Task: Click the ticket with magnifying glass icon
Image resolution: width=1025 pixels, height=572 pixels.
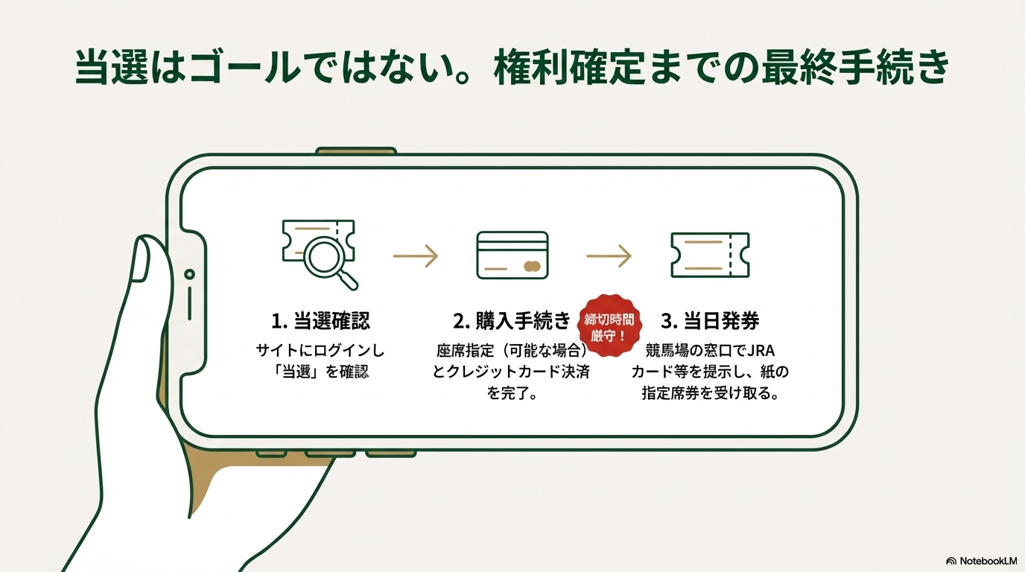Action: pos(319,255)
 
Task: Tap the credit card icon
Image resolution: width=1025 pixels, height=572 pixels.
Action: pos(512,255)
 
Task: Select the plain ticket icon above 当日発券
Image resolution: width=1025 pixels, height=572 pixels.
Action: pos(710,255)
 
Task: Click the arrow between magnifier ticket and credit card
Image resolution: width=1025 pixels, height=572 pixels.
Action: pos(416,255)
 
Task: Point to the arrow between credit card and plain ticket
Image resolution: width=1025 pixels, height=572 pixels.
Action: pos(609,255)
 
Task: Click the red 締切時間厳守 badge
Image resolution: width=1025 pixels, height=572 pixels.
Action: pos(609,325)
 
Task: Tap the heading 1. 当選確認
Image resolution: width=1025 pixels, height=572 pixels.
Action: pos(320,320)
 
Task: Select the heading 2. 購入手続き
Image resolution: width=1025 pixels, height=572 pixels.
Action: pos(512,320)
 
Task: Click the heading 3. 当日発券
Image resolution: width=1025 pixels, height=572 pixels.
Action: pos(710,320)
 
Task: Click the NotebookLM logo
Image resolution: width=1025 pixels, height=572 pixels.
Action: pos(981,561)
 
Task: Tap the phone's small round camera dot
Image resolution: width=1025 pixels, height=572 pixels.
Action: pos(189,274)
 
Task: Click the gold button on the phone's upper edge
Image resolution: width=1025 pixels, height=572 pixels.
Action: pos(356,150)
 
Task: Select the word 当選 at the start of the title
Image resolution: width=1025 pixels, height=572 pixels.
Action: pos(112,68)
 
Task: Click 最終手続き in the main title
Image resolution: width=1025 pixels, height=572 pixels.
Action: pos(855,68)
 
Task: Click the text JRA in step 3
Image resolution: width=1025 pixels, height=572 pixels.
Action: pos(761,351)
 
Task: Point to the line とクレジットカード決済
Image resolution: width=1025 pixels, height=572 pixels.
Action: pos(512,372)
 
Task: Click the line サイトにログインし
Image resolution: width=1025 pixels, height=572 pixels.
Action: pos(320,351)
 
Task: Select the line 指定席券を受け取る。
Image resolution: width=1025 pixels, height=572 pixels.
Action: pos(710,393)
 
